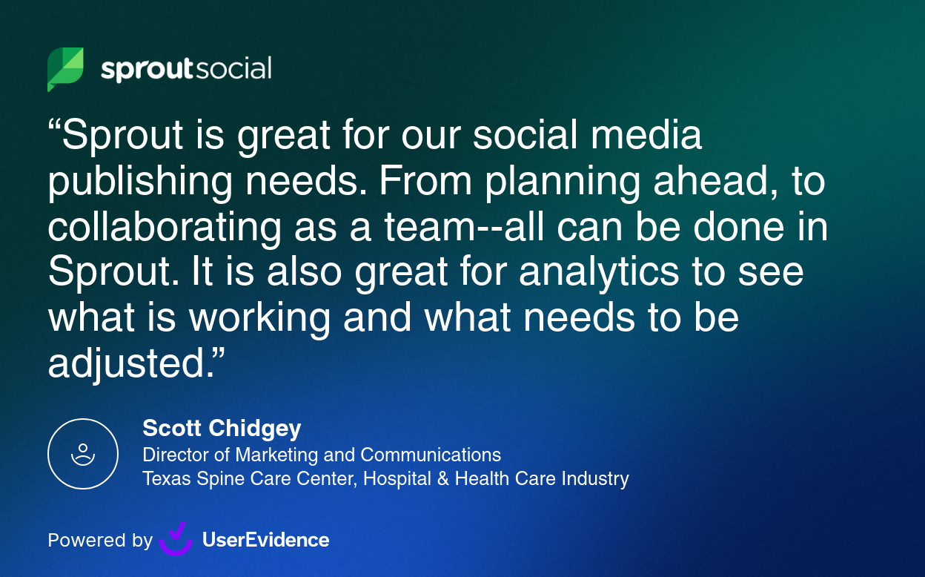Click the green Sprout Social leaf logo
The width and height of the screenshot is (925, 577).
click(65, 69)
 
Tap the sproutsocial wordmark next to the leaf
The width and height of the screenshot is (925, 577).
click(186, 69)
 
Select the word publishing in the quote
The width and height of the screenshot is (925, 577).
click(140, 182)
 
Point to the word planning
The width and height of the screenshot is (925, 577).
click(563, 182)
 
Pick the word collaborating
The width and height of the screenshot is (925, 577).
click(165, 228)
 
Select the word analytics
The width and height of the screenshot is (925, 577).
click(599, 273)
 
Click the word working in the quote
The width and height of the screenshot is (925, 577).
click(260, 319)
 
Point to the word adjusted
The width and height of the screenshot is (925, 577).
click(132, 364)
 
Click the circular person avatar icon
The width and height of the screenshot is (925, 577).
click(83, 454)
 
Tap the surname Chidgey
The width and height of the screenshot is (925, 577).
click(255, 429)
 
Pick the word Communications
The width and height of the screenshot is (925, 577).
click(431, 455)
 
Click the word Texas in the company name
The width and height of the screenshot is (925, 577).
click(166, 479)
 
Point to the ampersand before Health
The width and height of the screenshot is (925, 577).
click(442, 479)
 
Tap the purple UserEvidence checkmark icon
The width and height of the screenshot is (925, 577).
click(176, 539)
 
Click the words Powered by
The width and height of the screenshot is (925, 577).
click(100, 541)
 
